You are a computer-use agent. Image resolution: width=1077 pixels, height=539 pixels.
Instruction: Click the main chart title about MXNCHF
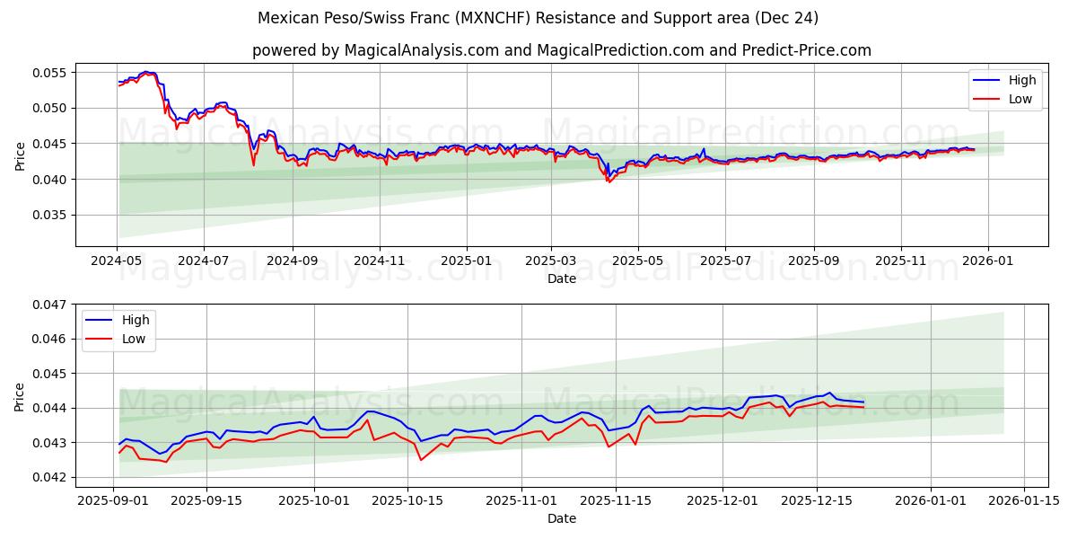pyautogui.click(x=538, y=18)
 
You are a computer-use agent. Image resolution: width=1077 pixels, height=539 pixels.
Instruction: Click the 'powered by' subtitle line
pyautogui.click(x=561, y=50)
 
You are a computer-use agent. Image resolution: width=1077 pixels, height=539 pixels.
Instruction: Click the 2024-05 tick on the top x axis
pyautogui.click(x=117, y=261)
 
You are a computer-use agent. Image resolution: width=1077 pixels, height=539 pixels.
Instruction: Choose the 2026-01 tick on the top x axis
pyautogui.click(x=988, y=261)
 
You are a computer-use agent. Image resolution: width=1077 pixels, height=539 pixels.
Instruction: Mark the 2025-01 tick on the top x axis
pyautogui.click(x=467, y=261)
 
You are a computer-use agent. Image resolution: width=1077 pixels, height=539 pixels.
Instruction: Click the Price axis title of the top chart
pyautogui.click(x=21, y=155)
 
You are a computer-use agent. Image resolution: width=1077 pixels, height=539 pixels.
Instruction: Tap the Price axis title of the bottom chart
pyautogui.click(x=21, y=396)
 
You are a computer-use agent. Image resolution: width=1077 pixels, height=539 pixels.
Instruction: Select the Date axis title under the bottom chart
pyautogui.click(x=561, y=519)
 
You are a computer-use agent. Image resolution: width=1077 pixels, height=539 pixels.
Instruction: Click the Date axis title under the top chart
pyautogui.click(x=561, y=278)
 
